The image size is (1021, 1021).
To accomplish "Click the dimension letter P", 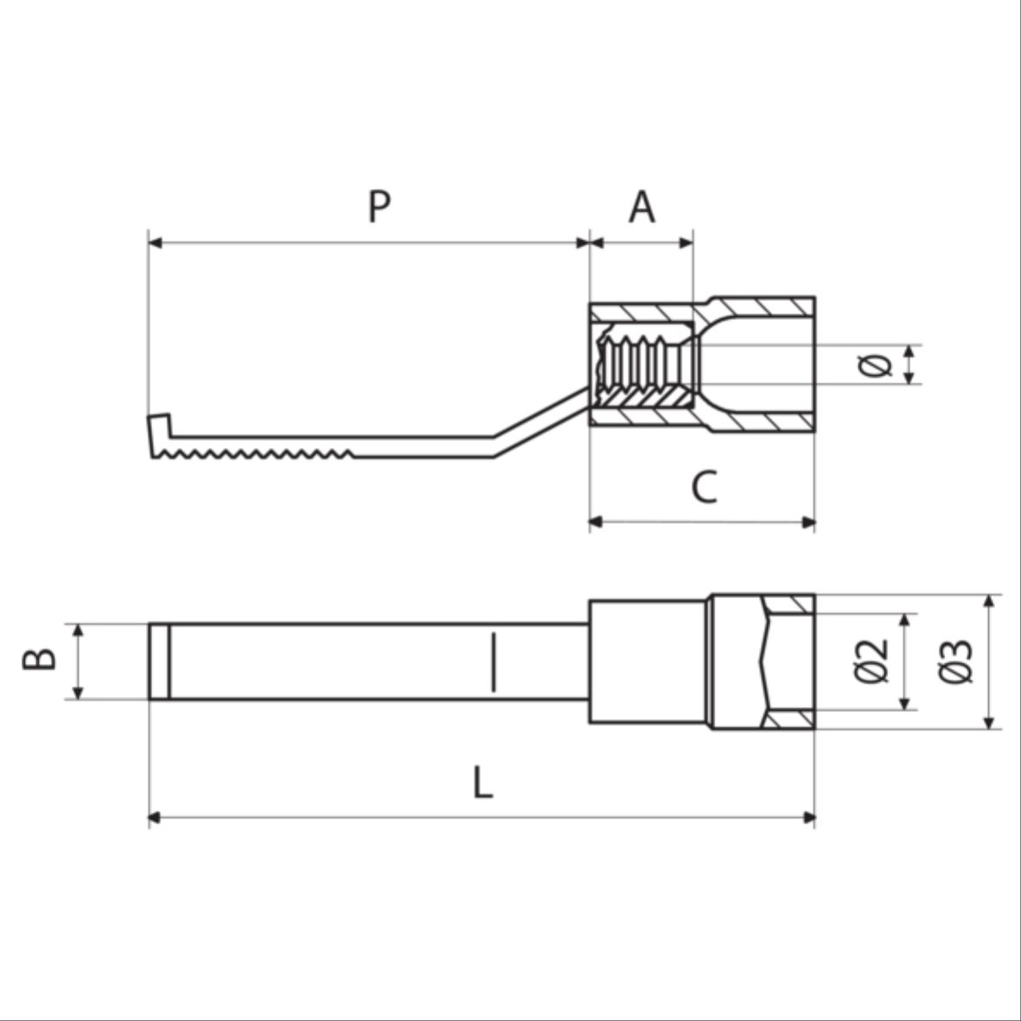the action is [x=380, y=207].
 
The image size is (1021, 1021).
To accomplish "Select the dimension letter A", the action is [x=642, y=207].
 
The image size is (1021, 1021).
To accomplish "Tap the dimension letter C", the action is [x=705, y=487].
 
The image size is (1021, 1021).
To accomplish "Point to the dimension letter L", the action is [x=482, y=782].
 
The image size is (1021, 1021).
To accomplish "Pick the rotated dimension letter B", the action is [x=39, y=659].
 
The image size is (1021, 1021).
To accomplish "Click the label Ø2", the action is [x=871, y=661].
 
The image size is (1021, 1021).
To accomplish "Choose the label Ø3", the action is [x=956, y=661].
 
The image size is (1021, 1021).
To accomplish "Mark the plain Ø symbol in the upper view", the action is [x=875, y=366].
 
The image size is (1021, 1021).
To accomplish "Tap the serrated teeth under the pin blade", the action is [x=255, y=453].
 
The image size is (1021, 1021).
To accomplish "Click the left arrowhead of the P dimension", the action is [x=156, y=243].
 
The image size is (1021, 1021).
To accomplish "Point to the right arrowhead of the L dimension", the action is [x=808, y=818].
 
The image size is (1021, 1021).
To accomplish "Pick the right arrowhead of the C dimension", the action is [x=808, y=522].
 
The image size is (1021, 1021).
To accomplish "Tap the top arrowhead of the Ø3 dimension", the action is [x=989, y=601].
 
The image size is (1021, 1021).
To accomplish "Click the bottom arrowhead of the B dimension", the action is [x=78, y=692].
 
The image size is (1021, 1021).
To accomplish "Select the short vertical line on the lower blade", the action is [x=494, y=661].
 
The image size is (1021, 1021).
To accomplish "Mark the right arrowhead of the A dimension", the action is [x=686, y=243].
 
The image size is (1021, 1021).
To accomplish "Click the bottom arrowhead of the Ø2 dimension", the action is [x=904, y=703].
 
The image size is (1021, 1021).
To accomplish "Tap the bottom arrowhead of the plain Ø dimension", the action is [x=910, y=378].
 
